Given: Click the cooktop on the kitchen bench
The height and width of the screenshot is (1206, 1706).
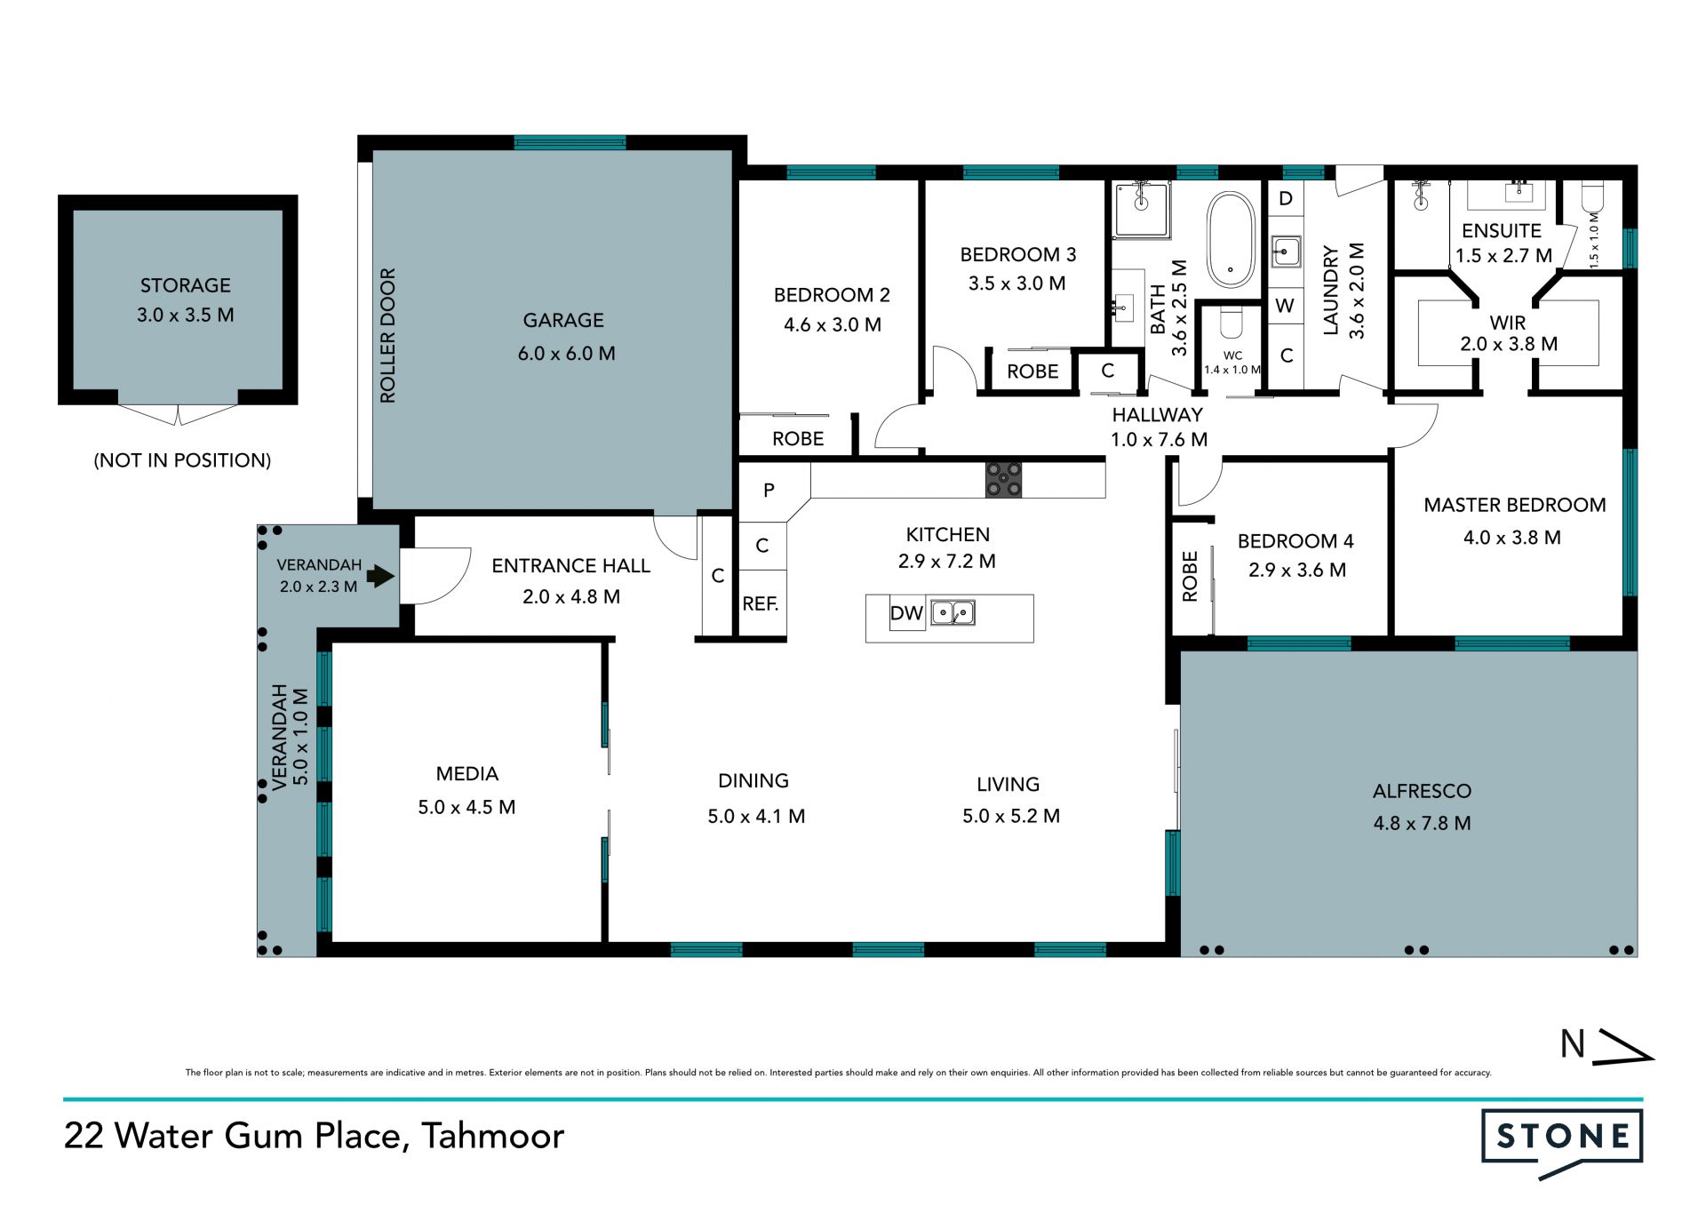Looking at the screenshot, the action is (1003, 480).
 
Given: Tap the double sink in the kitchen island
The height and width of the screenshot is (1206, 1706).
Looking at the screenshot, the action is (953, 612).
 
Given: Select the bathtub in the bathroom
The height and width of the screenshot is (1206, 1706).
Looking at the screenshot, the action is (1231, 239).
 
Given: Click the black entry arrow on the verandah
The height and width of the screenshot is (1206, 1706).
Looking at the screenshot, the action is (381, 576).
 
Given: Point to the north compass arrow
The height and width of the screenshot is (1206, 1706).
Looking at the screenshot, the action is (1622, 1046).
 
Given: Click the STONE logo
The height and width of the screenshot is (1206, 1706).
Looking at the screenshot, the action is (1562, 1144).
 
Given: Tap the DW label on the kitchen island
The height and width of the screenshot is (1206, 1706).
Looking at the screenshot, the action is (906, 613).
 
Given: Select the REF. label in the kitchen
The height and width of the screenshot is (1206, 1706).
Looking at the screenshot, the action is (760, 604).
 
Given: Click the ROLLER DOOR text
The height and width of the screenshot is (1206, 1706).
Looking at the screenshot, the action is (387, 336).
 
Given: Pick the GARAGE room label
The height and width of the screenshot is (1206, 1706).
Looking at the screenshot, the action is (563, 320).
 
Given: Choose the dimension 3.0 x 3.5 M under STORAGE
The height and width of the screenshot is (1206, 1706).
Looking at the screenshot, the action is (186, 315).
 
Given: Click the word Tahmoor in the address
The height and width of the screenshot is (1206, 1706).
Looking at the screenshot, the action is (493, 1136).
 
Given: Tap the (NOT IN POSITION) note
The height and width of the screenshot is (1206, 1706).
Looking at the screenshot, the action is (182, 460).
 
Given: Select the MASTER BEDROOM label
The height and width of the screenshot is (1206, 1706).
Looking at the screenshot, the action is (1515, 505).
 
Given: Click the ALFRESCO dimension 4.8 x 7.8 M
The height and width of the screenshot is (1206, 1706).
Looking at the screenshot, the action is (1423, 823).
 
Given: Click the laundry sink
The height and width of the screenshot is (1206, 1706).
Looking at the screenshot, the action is (1285, 252).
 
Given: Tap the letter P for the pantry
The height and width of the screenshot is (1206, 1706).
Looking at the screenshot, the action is (769, 490).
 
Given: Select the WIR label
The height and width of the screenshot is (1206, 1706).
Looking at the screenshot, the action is (1508, 323).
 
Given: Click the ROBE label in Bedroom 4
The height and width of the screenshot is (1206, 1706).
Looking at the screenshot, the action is (1190, 577).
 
